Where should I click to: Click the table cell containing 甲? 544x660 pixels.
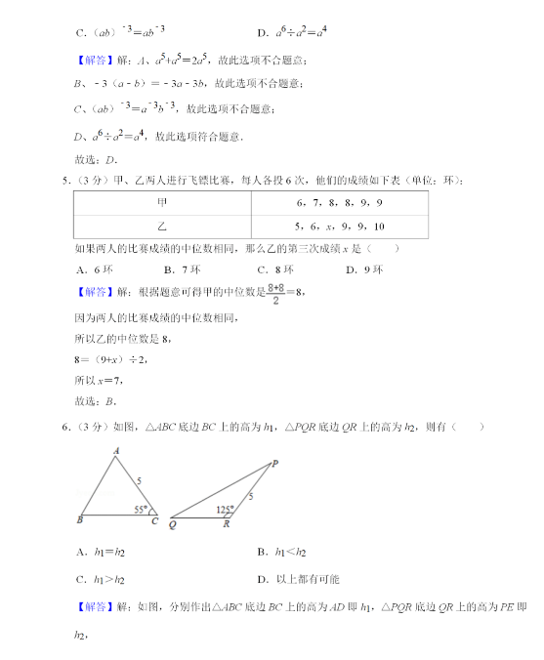click(x=162, y=202)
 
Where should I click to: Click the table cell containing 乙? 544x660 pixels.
click(x=162, y=227)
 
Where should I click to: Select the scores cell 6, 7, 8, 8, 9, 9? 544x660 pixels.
click(x=339, y=202)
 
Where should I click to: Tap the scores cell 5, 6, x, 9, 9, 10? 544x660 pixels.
click(x=339, y=227)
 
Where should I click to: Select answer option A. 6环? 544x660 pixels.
click(x=93, y=269)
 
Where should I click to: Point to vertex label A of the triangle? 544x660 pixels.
click(x=115, y=450)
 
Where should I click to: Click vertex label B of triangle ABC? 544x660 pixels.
click(x=78, y=519)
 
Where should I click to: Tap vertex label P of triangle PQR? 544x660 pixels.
click(x=274, y=463)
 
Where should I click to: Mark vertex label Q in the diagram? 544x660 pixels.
click(x=172, y=524)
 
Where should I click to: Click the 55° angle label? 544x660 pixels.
click(x=143, y=509)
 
